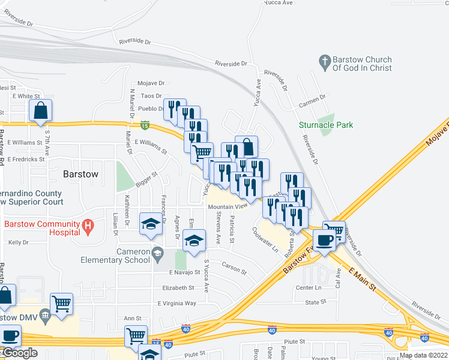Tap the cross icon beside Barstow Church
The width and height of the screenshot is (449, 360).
pyautogui.click(x=325, y=62)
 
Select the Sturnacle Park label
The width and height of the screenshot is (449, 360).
pyautogui.click(x=326, y=125)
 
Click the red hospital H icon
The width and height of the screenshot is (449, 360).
pyautogui.click(x=88, y=226)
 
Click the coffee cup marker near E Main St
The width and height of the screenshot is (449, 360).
pyautogui.click(x=325, y=240)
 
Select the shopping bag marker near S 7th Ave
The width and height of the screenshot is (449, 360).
pyautogui.click(x=41, y=111)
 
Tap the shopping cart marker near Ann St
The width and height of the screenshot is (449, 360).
pyautogui.click(x=136, y=335)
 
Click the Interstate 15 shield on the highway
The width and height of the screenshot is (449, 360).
pyautogui.click(x=145, y=125)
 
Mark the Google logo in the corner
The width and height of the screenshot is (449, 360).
pyautogui.click(x=19, y=353)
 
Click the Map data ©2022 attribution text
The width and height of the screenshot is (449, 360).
pyautogui.click(x=423, y=355)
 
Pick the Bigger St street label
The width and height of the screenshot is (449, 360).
pyautogui.click(x=146, y=180)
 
